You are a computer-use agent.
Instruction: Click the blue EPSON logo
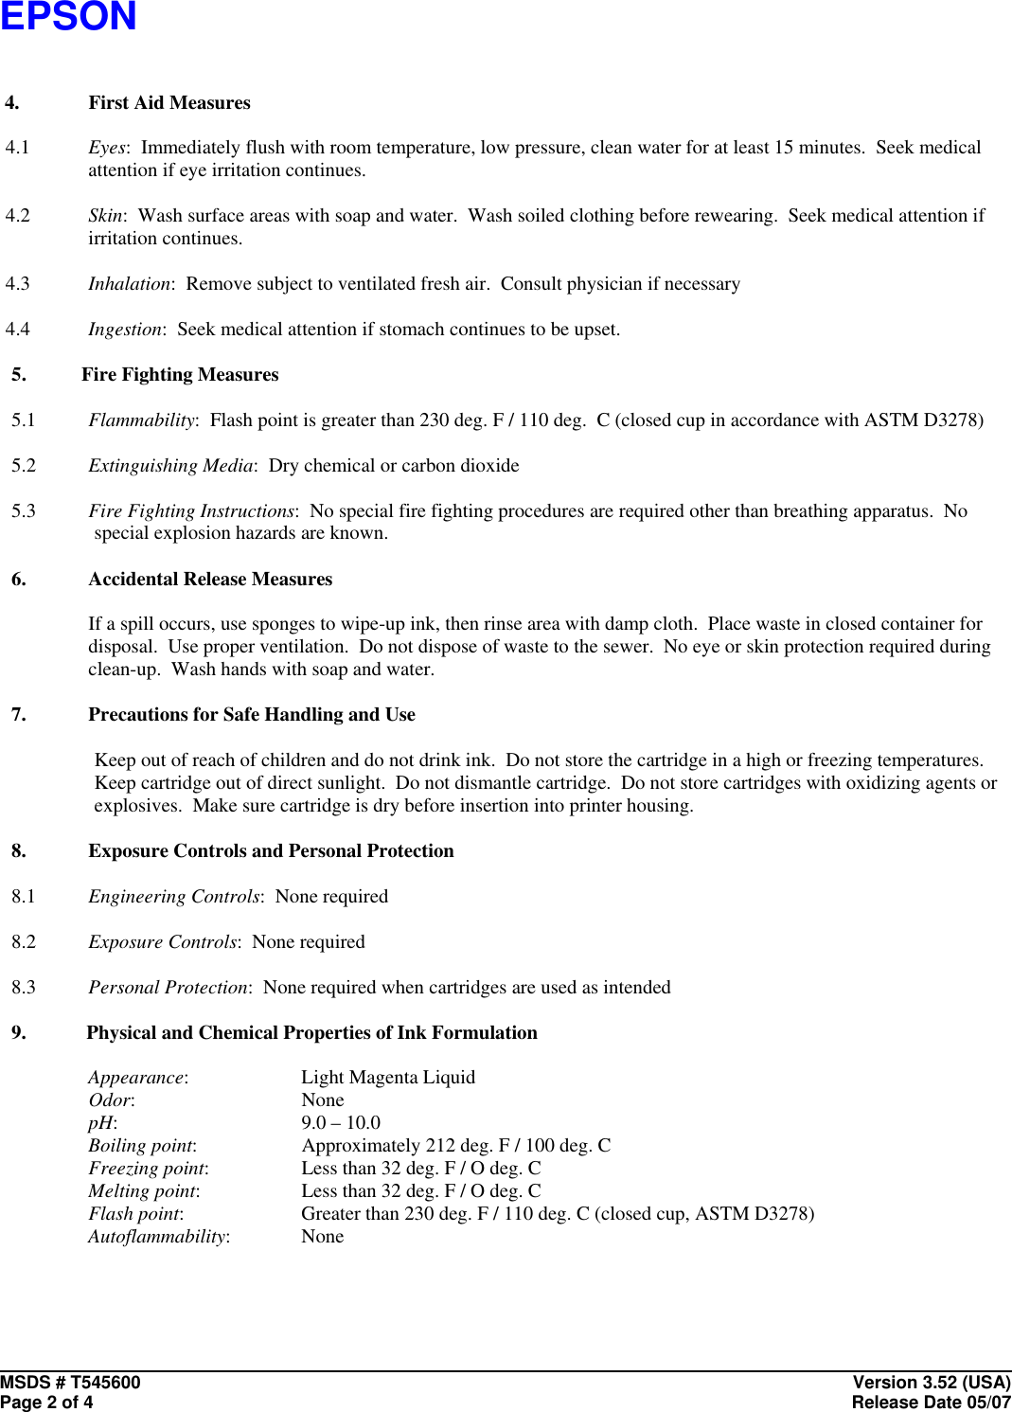pyautogui.click(x=68, y=16)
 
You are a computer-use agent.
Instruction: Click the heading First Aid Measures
pyautogui.click(x=169, y=102)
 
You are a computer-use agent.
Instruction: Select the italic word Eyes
pyautogui.click(x=106, y=148)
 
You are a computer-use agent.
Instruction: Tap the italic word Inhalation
pyautogui.click(x=130, y=284)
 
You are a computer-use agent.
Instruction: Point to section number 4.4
pyautogui.click(x=18, y=330)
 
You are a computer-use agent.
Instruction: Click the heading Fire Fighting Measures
pyautogui.click(x=180, y=375)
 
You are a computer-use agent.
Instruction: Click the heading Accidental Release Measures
pyautogui.click(x=210, y=579)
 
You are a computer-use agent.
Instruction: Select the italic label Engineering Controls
pyautogui.click(x=173, y=897)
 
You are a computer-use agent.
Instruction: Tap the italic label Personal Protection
pyautogui.click(x=168, y=988)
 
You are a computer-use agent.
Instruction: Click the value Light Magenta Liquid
pyautogui.click(x=388, y=1078)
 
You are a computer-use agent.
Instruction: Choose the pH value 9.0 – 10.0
pyautogui.click(x=341, y=1123)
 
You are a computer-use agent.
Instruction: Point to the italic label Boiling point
pyautogui.click(x=141, y=1146)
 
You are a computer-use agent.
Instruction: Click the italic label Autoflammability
pyautogui.click(x=157, y=1237)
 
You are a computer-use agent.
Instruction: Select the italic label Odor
pyautogui.click(x=110, y=1100)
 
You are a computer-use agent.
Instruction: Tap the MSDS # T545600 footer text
pyautogui.click(x=70, y=1383)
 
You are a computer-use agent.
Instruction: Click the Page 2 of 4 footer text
pyautogui.click(x=46, y=1403)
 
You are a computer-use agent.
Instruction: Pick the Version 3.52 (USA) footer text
pyautogui.click(x=932, y=1383)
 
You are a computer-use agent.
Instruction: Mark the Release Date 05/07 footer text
pyautogui.click(x=931, y=1403)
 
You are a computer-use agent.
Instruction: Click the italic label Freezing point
pyautogui.click(x=148, y=1169)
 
